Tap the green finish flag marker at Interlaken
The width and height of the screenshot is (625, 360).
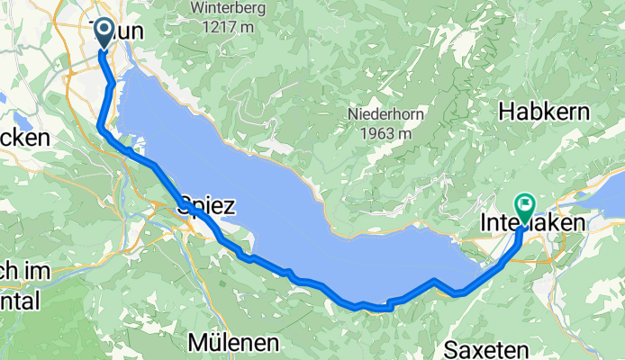pos(524,205)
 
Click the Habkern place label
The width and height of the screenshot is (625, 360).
pos(543,112)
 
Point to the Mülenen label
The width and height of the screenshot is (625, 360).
pos(234,343)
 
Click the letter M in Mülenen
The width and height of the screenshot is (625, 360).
pos(198,343)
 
